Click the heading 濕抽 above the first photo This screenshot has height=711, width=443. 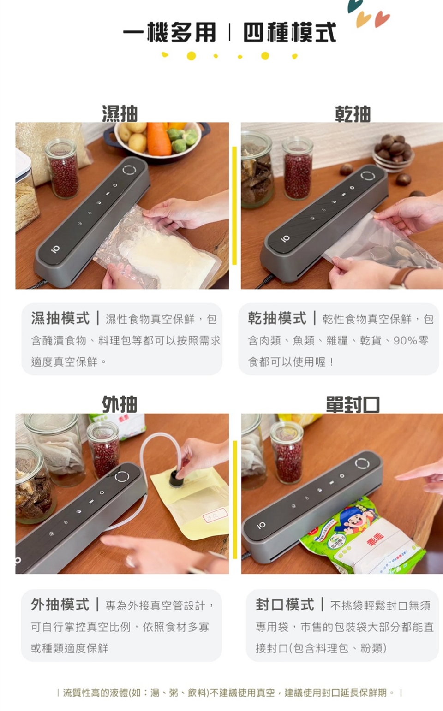point(120,113)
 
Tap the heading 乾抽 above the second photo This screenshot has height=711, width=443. point(353,113)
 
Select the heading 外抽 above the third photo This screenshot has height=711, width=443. point(120,404)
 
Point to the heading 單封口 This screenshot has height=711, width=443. point(353,405)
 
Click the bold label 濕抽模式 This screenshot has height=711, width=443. point(60,318)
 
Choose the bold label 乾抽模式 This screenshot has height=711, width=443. point(277,318)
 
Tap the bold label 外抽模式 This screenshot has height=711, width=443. point(60,604)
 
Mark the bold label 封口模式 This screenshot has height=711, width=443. point(285,604)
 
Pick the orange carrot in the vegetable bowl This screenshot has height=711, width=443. point(159,139)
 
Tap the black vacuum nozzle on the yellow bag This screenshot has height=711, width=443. point(175,478)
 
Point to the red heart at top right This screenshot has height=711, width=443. point(383,19)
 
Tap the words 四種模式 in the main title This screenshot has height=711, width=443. point(290,32)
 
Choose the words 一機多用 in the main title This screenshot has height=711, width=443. point(169,32)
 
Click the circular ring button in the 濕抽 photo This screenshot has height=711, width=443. point(130,170)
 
